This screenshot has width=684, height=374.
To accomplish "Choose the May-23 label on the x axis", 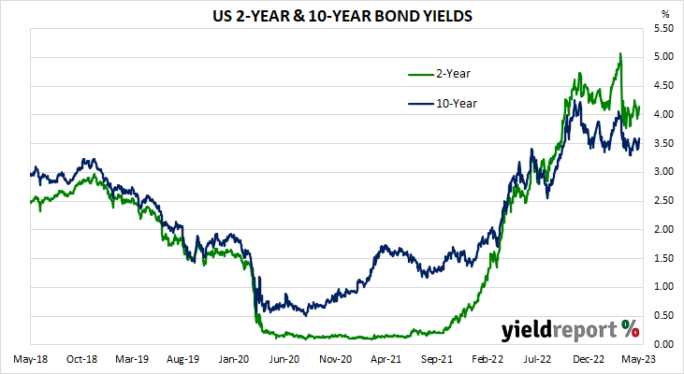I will [x=641, y=358].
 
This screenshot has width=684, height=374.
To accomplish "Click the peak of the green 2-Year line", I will [x=619, y=54].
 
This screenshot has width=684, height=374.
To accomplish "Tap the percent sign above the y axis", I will [x=665, y=15].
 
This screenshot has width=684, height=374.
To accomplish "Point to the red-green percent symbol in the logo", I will [x=631, y=328].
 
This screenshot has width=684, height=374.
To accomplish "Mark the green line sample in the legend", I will [x=419, y=73].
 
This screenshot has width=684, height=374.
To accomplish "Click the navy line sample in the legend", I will [x=419, y=103].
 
